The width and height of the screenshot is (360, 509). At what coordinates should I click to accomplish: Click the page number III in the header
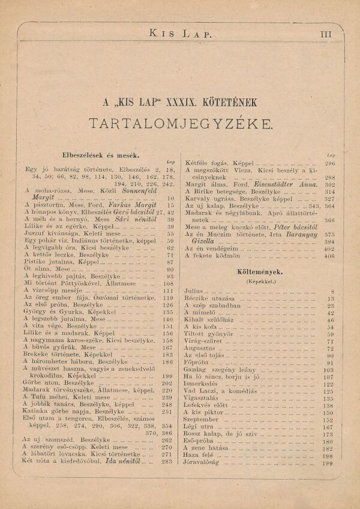click(x=326, y=34)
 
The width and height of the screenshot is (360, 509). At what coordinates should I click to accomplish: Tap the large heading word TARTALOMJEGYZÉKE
click(x=180, y=123)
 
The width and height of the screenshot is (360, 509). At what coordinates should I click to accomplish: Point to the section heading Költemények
click(x=260, y=271)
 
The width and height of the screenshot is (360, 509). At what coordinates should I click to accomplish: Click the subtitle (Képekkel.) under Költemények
click(x=260, y=280)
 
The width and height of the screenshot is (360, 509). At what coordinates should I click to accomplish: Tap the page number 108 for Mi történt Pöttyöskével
click(x=169, y=283)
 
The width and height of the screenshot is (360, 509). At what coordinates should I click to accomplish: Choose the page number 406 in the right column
click(x=329, y=256)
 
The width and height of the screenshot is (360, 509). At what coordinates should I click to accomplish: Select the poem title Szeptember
click(x=203, y=420)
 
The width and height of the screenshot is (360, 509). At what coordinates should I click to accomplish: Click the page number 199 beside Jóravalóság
click(x=328, y=463)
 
